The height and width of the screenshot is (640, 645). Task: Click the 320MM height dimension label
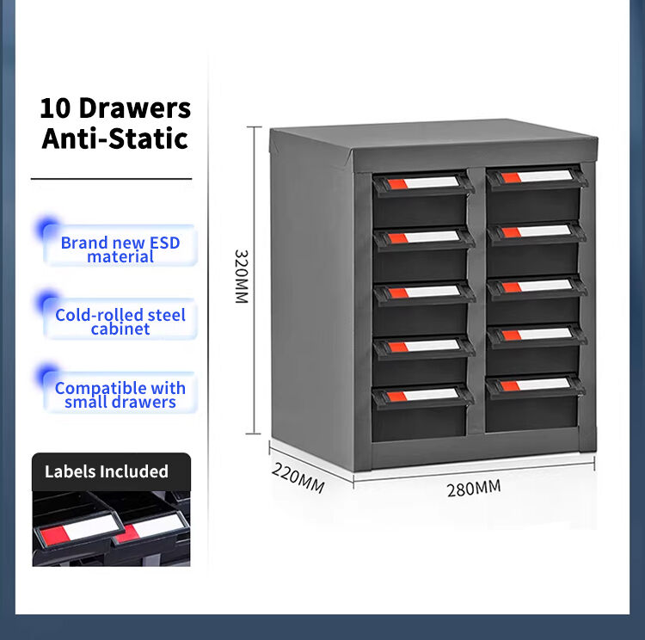point(242,276)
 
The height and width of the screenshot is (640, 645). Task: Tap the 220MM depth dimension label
point(298,477)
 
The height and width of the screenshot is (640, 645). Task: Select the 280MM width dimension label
point(474,489)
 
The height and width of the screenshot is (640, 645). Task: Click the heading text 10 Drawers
point(115,108)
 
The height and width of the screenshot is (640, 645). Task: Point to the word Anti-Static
point(115,138)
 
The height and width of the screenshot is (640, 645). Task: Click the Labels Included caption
point(107,471)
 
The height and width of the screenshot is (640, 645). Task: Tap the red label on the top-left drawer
point(397,183)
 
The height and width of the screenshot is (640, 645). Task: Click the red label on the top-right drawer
point(510,178)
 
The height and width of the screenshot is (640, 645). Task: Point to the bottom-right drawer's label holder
point(535,385)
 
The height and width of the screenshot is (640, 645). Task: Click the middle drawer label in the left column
point(424,292)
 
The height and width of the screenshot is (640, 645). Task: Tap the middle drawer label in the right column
point(537,286)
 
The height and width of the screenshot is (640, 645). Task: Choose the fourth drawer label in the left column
point(424,347)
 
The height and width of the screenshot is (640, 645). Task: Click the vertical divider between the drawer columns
point(476,300)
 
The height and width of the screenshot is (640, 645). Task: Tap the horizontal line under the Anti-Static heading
point(112,179)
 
